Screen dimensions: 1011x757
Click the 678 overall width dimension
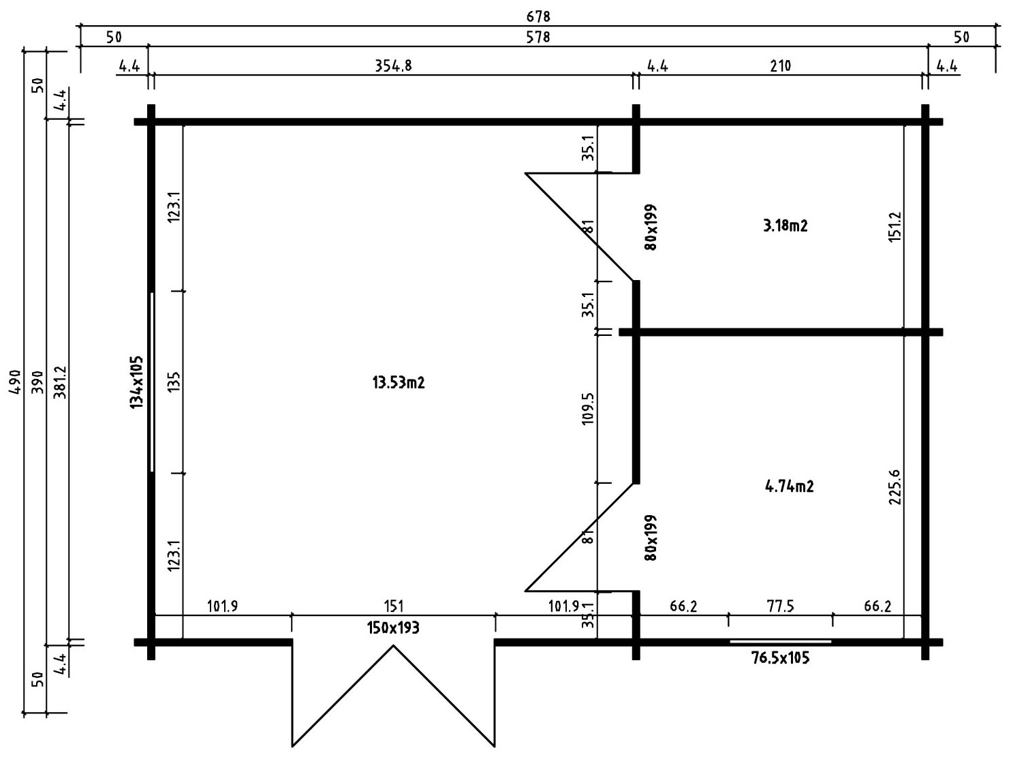[538, 16]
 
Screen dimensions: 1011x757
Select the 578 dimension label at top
[538, 37]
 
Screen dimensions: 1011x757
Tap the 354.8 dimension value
[393, 66]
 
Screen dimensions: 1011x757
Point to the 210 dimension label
[780, 66]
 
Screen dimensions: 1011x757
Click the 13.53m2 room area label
[399, 382]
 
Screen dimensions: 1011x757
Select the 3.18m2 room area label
[786, 226]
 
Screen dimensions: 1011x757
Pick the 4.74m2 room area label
[789, 486]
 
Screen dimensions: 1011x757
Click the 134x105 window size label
[137, 382]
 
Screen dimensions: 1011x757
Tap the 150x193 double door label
[393, 628]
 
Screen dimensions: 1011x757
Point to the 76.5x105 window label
[780, 658]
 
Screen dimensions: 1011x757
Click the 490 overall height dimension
[16, 382]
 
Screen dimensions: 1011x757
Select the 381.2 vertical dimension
[61, 382]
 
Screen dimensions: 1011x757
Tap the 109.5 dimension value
[589, 408]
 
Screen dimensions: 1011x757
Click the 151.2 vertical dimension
[894, 227]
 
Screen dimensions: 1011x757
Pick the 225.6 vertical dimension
[894, 487]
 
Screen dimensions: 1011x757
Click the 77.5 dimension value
[780, 606]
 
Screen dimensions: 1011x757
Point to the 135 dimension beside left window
[174, 382]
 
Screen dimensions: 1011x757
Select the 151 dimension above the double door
[394, 606]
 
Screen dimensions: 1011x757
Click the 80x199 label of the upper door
[651, 227]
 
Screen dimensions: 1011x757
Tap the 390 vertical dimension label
[39, 382]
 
